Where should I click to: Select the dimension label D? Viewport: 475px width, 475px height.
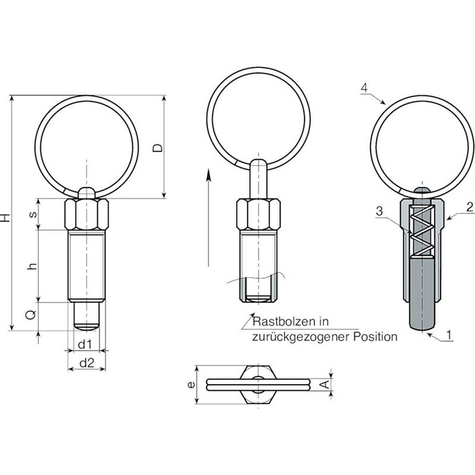tap(157, 148)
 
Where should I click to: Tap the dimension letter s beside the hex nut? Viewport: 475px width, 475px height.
tap(33, 214)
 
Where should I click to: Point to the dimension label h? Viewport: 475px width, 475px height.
tap(32, 266)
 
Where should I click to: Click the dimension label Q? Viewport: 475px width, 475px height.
tap(30, 315)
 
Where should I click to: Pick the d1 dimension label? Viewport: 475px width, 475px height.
tap(85, 344)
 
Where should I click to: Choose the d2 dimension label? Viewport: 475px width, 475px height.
tap(87, 362)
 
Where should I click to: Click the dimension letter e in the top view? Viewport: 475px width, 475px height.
tap(191, 385)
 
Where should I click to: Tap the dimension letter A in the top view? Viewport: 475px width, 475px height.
tap(325, 385)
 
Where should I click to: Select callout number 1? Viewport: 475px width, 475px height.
tap(449, 335)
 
